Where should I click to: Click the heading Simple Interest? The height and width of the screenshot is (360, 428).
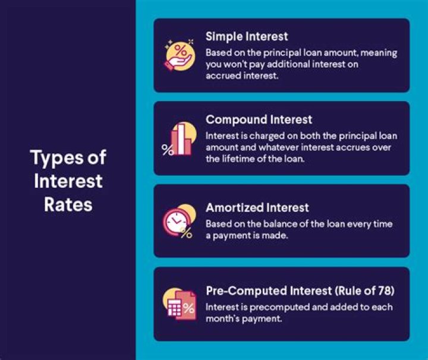pos(247,37)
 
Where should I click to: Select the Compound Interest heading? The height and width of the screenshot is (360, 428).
pos(259,120)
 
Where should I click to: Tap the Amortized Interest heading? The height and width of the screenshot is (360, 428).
pos(257,207)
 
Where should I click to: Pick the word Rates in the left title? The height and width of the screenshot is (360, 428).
pos(68,204)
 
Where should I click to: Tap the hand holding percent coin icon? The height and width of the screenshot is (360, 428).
pos(180,55)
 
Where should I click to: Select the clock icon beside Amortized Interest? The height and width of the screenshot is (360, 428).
pos(177,220)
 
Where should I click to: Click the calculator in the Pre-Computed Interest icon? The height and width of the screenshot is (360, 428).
pos(174,308)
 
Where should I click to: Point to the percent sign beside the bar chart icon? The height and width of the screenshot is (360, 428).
pos(167,150)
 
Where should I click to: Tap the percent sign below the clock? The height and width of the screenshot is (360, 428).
pos(187,233)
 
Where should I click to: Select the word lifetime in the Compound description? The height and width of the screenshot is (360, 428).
pos(238,159)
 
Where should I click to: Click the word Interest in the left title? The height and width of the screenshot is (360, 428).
pos(68,181)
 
